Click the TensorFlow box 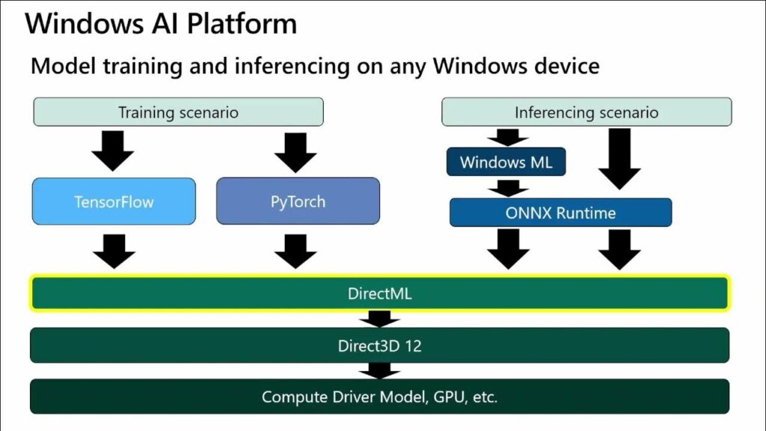[114, 201]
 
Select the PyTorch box [298, 201]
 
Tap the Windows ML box [506, 162]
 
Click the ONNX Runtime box [560, 213]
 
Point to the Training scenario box [178, 113]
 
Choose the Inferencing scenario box [586, 113]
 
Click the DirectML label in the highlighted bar [379, 294]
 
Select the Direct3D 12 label [379, 346]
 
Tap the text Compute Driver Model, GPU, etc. [379, 397]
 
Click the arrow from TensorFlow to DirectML [114, 251]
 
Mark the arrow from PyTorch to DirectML [296, 251]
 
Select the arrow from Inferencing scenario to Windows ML [508, 136]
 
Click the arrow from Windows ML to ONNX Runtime [508, 188]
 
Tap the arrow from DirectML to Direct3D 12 [379, 320]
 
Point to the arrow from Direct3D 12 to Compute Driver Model [379, 370]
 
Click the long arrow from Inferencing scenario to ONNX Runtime [619, 159]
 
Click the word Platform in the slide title [241, 24]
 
